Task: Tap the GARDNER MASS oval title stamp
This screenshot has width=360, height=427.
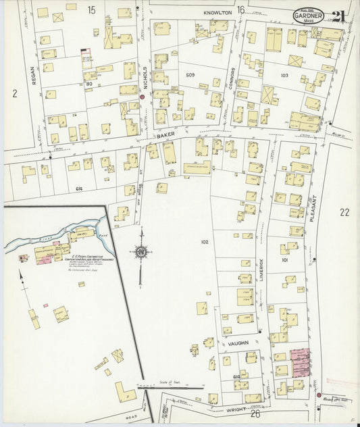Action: [308, 16]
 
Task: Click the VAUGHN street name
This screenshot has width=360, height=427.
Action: [238, 343]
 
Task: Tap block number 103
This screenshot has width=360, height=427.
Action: [284, 75]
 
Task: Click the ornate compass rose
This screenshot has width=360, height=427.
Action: [141, 253]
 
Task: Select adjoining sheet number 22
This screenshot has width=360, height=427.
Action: [344, 212]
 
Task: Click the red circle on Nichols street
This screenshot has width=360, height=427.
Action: [143, 97]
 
